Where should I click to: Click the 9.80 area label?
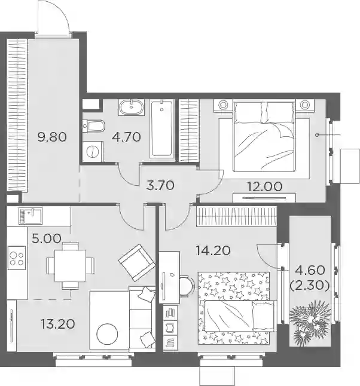[x=52, y=137]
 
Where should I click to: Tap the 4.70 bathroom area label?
[x=126, y=137]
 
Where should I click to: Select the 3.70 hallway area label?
[x=160, y=185]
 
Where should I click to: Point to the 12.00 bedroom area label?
[x=264, y=186]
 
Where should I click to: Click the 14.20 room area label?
[x=213, y=250]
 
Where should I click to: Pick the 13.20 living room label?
[x=58, y=324]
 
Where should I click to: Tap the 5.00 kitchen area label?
[x=47, y=238]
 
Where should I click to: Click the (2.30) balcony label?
[x=310, y=286]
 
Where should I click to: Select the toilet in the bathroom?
[x=94, y=126]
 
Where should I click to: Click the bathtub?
[x=162, y=128]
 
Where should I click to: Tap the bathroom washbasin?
[x=131, y=107]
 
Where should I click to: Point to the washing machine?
[x=93, y=151]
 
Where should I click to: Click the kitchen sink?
[x=30, y=215]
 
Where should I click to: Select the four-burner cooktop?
[x=17, y=258]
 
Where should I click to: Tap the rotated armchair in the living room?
[x=137, y=263]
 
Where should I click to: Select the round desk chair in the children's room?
[x=187, y=286]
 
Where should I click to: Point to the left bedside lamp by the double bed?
[x=223, y=105]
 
